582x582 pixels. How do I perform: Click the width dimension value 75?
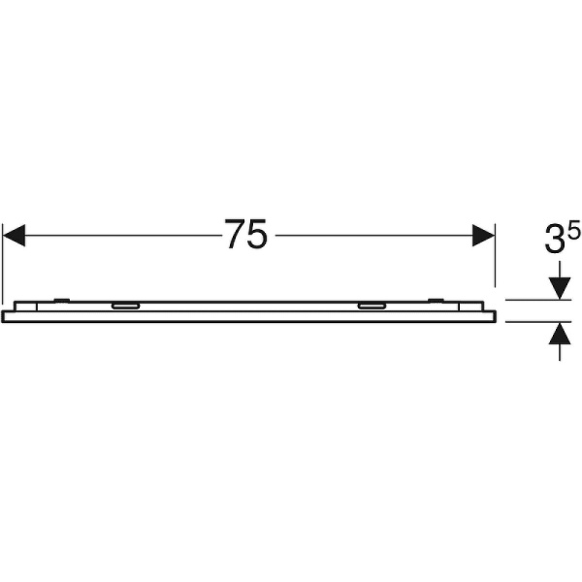click(x=245, y=236)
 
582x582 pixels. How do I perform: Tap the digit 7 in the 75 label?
click(x=234, y=236)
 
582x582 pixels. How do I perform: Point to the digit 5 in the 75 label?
click(x=257, y=236)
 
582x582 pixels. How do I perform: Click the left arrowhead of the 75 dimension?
click(x=13, y=236)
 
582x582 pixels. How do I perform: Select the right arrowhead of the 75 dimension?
click(x=483, y=236)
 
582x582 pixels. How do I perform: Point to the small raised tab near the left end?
click(x=60, y=299)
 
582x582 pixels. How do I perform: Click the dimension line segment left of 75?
click(x=116, y=236)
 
